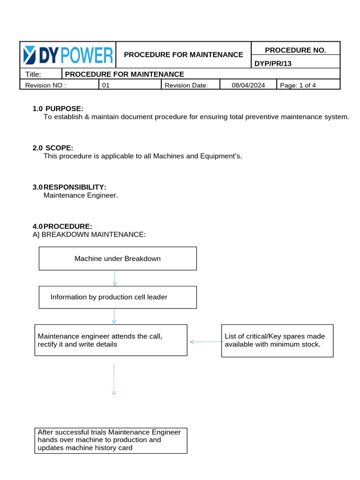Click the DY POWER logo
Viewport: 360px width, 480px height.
click(68, 55)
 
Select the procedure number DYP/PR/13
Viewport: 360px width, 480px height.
click(273, 64)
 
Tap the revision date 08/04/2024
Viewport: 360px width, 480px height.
click(248, 85)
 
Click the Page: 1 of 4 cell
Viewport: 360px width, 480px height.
click(298, 85)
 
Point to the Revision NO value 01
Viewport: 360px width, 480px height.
click(106, 85)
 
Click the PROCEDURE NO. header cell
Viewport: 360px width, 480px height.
click(295, 50)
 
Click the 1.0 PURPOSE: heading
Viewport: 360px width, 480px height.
click(58, 109)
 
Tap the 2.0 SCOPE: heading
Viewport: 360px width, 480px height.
click(53, 148)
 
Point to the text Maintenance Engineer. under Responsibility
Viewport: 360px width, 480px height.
click(81, 195)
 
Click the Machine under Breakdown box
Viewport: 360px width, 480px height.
click(118, 258)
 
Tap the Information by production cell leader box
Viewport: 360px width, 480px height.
click(118, 297)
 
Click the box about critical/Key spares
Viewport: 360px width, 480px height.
click(277, 340)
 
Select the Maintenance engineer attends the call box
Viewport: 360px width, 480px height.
click(111, 340)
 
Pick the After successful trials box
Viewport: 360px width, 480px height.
click(111, 440)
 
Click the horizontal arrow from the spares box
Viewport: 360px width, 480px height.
click(205, 342)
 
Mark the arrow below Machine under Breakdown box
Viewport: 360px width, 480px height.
click(115, 278)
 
